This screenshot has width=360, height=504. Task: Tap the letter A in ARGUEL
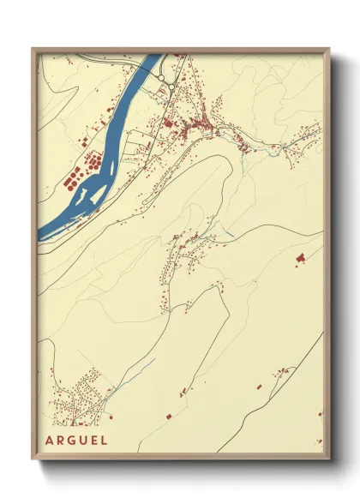coord(51,441)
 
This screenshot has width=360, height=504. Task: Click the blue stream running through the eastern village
coord(274,151)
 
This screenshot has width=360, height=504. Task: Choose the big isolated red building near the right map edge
coord(299,257)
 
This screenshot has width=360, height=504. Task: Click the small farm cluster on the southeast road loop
coord(281,373)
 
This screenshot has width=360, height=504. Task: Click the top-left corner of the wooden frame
coord(33,49)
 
